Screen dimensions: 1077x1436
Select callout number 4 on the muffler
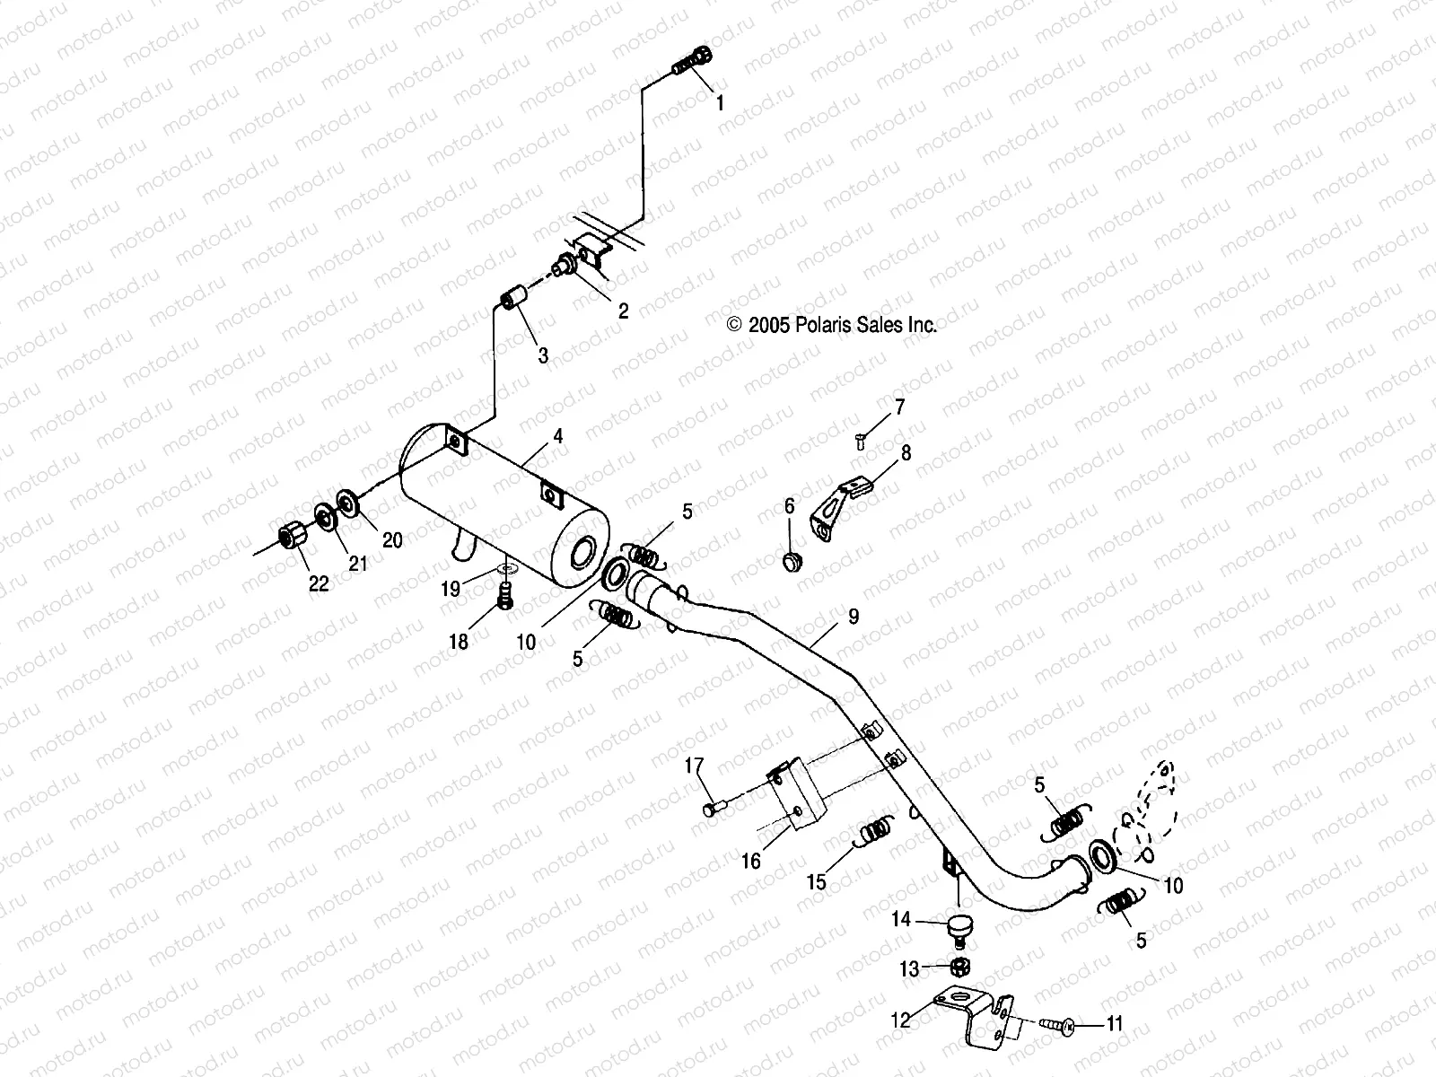557,437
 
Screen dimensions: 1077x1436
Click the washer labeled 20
346,503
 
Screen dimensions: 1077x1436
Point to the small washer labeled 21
321,518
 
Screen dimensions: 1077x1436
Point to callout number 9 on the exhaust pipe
853,617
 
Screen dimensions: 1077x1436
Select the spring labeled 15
872,832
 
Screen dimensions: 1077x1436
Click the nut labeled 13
958,967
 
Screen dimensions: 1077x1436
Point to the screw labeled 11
1064,1023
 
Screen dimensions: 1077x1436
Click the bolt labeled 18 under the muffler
504,595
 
